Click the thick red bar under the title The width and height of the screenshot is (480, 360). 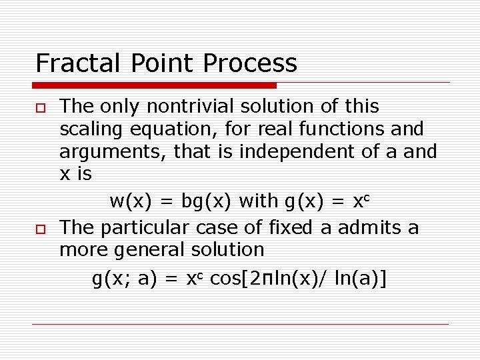[154, 85]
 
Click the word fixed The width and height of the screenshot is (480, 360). [290, 228]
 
